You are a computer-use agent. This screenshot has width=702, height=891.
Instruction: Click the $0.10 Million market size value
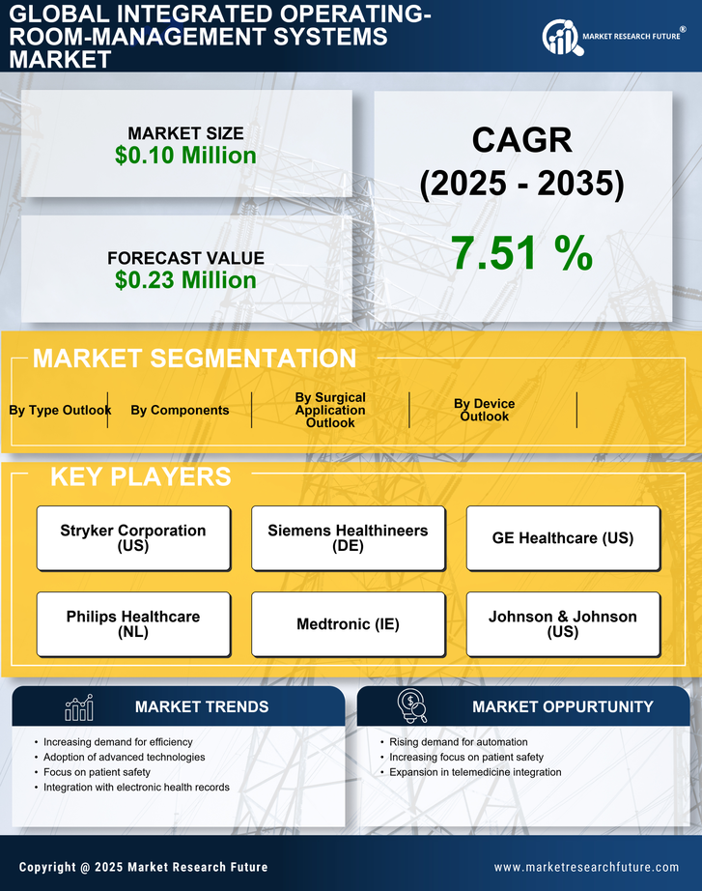tap(185, 156)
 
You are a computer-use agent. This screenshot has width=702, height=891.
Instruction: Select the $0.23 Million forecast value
tap(185, 280)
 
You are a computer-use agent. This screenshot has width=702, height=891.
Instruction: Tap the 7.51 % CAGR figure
tap(521, 252)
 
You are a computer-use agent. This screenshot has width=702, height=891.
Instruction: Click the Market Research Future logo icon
tap(560, 37)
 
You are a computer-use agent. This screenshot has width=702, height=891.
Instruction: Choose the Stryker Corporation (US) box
tap(133, 537)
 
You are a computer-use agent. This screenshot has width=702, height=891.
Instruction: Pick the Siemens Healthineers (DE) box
tap(348, 537)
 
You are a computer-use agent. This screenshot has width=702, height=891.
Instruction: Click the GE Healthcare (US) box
tap(563, 537)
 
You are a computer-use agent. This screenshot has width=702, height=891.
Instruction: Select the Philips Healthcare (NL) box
tap(133, 623)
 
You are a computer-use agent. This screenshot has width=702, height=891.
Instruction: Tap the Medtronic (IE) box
tap(348, 624)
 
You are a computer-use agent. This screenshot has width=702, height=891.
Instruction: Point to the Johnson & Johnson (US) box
tap(563, 623)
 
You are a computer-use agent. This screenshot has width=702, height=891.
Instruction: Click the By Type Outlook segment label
tap(60, 410)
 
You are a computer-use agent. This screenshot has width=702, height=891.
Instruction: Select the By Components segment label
tap(180, 410)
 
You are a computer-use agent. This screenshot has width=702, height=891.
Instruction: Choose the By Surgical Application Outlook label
tap(330, 410)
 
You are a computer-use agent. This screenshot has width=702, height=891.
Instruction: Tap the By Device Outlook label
tap(484, 410)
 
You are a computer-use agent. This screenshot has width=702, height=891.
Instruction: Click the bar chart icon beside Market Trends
tap(79, 707)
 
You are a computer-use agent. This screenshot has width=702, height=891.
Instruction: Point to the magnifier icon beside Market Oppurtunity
tap(412, 706)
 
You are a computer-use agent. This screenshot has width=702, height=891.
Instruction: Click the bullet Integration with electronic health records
tap(136, 788)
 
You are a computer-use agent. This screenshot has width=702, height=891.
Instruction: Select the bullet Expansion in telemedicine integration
tap(475, 772)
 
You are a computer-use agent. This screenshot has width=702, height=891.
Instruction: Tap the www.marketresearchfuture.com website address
tap(586, 867)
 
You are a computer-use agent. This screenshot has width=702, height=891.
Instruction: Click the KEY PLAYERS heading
tap(140, 476)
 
